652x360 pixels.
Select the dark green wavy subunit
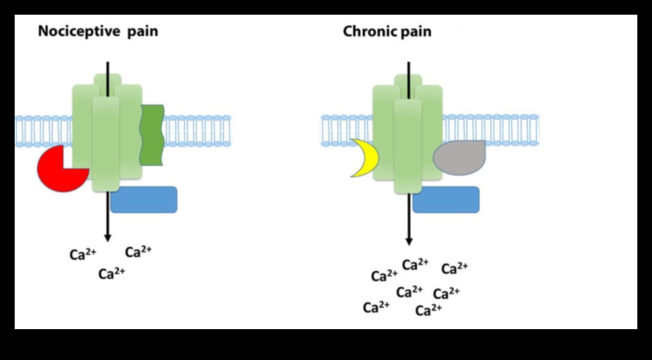coord(152,134)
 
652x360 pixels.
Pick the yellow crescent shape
coord(361,158)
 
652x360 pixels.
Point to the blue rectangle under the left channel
coord(144,200)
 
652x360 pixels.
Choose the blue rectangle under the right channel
coord(446,200)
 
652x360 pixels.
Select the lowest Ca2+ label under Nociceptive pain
coord(112,274)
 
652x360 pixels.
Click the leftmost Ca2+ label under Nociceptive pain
coord(83,255)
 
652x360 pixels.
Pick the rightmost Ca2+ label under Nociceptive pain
coord(138,252)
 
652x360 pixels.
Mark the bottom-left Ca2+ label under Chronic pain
coord(376,307)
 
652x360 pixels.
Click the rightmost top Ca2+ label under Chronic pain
coord(454,267)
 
